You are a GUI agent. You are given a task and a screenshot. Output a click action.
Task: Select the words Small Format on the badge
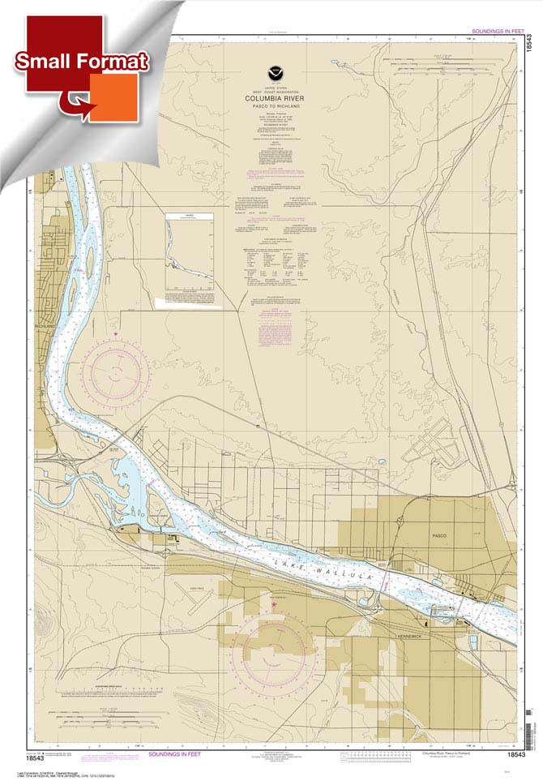(81, 62)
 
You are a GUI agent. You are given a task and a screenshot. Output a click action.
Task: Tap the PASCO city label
(440, 536)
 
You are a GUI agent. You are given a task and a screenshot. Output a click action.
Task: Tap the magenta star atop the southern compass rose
(273, 604)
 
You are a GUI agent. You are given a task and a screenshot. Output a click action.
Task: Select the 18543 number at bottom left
(36, 758)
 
